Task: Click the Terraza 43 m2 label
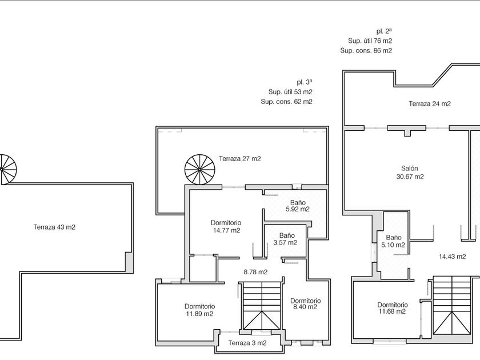(x=54, y=227)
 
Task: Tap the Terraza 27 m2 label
(x=239, y=159)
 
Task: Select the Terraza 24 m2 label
(x=430, y=104)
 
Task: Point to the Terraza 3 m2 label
(x=247, y=343)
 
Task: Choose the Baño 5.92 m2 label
(x=297, y=206)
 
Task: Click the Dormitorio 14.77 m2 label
(x=226, y=227)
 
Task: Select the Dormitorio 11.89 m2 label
(x=199, y=310)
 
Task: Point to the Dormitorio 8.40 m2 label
(x=305, y=304)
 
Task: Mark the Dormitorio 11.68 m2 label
(x=392, y=308)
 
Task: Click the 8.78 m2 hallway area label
(x=255, y=272)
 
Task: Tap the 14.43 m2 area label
(x=452, y=256)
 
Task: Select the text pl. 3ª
(x=305, y=82)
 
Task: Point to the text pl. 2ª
(x=383, y=31)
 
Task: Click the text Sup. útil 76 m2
(x=370, y=41)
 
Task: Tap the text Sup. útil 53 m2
(x=290, y=91)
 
